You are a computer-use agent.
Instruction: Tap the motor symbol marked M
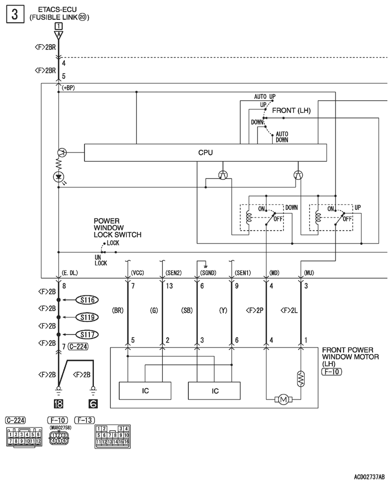pyautogui.click(x=284, y=399)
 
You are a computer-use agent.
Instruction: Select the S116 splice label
pyautogui.click(x=87, y=299)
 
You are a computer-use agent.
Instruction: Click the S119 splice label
pyautogui.click(x=87, y=317)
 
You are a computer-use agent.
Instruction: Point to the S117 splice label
pyautogui.click(x=87, y=334)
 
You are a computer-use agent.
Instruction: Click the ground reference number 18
pyautogui.click(x=58, y=403)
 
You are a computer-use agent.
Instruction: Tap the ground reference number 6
pyautogui.click(x=93, y=403)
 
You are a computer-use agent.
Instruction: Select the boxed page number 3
pyautogui.click(x=15, y=14)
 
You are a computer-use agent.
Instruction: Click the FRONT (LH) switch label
pyautogui.click(x=291, y=110)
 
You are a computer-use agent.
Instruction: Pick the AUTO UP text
pyautogui.click(x=265, y=96)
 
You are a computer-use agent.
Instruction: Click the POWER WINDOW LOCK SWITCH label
pyautogui.click(x=117, y=228)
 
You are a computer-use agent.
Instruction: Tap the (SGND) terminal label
pyautogui.click(x=208, y=273)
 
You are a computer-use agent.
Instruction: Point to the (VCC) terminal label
pyautogui.click(x=137, y=273)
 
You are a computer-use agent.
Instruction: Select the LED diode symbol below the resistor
pyautogui.click(x=58, y=177)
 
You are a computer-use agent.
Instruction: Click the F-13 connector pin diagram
pyautogui.click(x=112, y=437)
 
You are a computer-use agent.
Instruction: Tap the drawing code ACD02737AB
pyautogui.click(x=369, y=477)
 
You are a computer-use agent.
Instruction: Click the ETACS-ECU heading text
pyautogui.click(x=57, y=9)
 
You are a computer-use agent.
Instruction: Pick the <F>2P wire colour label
pyautogui.click(x=255, y=310)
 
